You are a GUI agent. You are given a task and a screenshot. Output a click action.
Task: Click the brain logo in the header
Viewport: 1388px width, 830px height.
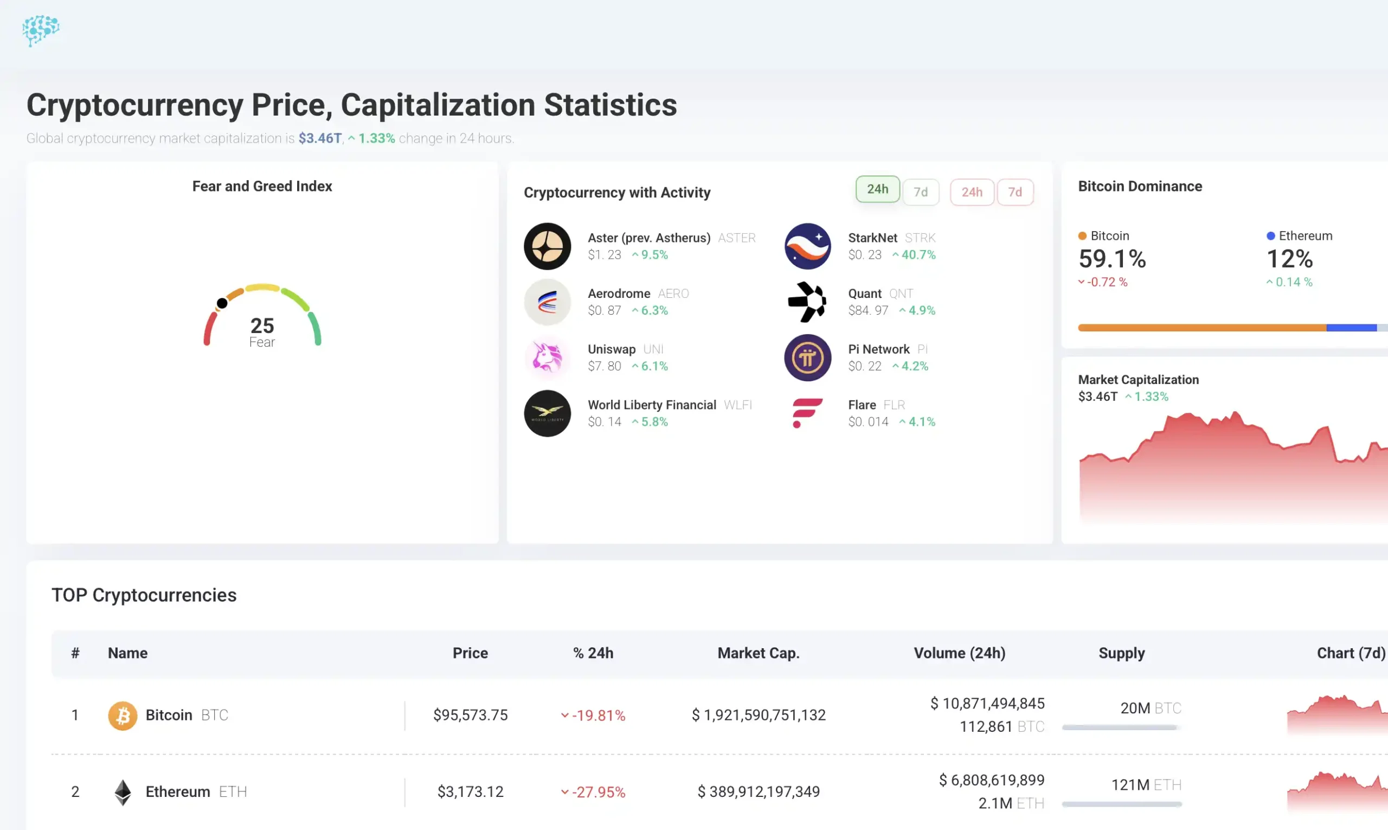(x=40, y=30)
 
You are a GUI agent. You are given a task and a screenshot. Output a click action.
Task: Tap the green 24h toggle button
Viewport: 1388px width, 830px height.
(x=877, y=190)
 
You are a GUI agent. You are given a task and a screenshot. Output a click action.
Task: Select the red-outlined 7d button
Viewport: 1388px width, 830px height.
(x=1014, y=193)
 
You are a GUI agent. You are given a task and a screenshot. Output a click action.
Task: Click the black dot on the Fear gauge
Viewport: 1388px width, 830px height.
(x=222, y=303)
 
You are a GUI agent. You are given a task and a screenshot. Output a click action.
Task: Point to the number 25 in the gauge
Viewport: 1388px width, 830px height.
(x=262, y=325)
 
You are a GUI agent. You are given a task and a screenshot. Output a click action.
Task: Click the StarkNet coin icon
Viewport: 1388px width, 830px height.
(x=807, y=246)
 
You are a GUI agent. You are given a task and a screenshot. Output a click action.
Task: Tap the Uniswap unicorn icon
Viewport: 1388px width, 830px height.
(x=547, y=357)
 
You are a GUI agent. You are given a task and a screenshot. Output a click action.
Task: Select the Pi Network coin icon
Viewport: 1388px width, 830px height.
(x=807, y=357)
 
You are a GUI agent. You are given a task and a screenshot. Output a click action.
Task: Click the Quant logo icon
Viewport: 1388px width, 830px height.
(x=807, y=302)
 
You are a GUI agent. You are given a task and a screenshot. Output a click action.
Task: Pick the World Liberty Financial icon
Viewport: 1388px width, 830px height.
(x=547, y=413)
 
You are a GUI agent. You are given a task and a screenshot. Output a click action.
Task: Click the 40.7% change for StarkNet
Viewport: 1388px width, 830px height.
(x=918, y=255)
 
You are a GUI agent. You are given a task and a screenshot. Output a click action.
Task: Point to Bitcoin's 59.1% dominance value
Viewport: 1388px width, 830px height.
(x=1112, y=259)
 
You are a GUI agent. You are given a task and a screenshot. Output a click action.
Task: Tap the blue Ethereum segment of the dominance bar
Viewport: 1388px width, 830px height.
(x=1351, y=328)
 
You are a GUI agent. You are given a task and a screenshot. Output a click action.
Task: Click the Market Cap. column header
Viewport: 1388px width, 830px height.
(x=758, y=653)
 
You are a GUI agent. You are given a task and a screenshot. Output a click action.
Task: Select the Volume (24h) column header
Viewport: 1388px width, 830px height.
(x=959, y=653)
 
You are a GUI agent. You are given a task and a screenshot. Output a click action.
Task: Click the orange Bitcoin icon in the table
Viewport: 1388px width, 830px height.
(x=123, y=716)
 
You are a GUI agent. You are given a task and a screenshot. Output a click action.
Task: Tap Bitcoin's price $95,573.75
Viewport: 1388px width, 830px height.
(x=470, y=716)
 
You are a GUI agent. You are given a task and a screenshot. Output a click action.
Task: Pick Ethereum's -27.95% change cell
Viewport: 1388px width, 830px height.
(x=597, y=793)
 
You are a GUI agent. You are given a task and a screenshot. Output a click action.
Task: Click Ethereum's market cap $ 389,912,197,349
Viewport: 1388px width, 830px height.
(x=758, y=792)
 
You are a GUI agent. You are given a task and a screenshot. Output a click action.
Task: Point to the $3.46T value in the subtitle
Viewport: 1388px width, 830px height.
(x=320, y=138)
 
